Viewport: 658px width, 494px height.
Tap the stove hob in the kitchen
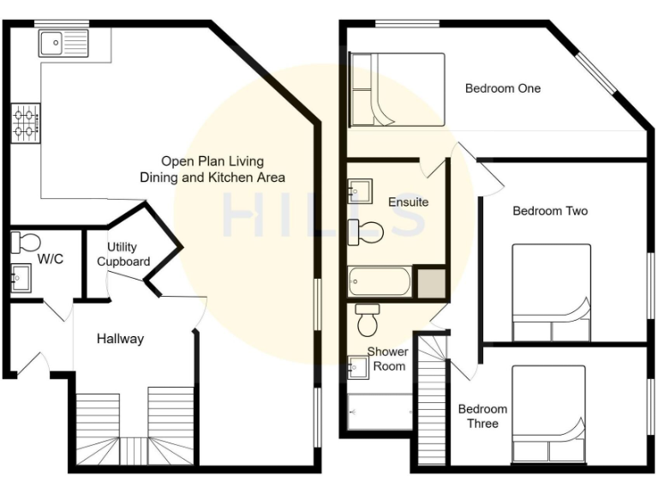coord(26,123)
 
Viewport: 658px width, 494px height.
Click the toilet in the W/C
coord(26,243)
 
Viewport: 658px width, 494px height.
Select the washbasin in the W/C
coord(21,277)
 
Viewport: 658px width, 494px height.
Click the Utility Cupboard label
coord(123,255)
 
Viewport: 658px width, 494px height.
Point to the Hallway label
coord(120,339)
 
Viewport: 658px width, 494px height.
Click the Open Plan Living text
coord(212,161)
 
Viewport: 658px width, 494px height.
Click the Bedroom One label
coord(503,88)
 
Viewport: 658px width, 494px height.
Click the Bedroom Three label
coord(482,416)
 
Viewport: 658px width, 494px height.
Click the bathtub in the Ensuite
coord(380,280)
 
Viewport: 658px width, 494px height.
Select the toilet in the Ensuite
coord(366,230)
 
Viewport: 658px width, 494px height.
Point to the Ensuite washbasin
coord(359,190)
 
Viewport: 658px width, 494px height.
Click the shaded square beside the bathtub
coord(429,282)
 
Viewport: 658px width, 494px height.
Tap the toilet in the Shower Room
coord(368,320)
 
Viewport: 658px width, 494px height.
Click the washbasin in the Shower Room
coord(359,367)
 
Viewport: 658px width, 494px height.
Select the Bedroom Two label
coord(550,211)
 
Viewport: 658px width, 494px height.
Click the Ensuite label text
coord(408,202)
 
